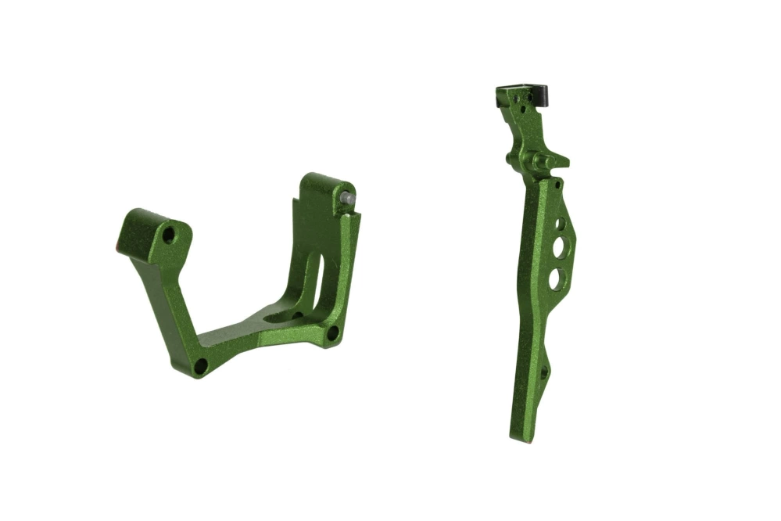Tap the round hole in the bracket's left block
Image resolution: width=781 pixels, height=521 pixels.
pos(168,235)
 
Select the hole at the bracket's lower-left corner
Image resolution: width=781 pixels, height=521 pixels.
pos(200,365)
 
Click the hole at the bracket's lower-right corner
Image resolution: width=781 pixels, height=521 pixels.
pos(332,333)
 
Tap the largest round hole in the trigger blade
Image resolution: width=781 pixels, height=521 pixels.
pos(556,278)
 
